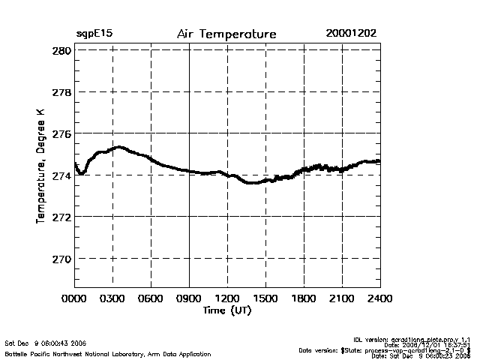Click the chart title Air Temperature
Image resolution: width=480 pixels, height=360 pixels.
click(226, 34)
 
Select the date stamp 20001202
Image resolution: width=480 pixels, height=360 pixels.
click(351, 34)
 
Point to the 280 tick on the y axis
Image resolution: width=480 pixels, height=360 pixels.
click(61, 50)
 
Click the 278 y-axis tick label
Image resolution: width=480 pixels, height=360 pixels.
click(61, 92)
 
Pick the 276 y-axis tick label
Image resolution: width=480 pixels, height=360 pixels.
click(61, 133)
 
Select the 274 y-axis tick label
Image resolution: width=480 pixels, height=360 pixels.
click(61, 175)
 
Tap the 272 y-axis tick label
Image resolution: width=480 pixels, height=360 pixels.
click(61, 217)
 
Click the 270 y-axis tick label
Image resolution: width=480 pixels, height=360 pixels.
click(61, 259)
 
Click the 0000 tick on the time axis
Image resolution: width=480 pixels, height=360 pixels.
click(75, 298)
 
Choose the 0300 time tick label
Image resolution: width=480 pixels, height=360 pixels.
click(112, 298)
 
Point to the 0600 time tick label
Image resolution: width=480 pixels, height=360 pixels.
click(151, 298)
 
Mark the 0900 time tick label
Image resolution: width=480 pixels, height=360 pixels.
click(189, 298)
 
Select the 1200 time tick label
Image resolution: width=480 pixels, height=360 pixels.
click(227, 298)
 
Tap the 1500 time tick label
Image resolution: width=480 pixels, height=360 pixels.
click(265, 298)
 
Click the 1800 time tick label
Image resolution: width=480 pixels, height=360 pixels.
click(304, 298)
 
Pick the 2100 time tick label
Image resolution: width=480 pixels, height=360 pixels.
click(342, 298)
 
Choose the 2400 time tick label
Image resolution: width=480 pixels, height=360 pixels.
click(379, 298)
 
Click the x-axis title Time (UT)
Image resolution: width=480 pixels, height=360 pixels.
click(227, 310)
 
